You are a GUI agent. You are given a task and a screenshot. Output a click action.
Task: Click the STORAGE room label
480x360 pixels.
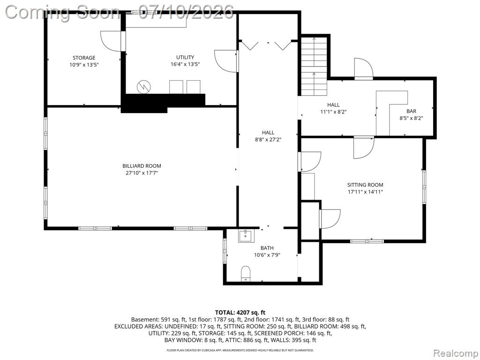coord(84,58)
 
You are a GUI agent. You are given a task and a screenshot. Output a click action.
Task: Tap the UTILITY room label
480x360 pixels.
coord(185,57)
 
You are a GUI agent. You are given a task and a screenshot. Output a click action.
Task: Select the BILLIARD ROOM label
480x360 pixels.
coord(142,166)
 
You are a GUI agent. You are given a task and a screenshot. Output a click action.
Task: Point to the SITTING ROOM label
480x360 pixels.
coord(365,185)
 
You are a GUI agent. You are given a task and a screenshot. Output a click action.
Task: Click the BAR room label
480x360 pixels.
coord(411,112)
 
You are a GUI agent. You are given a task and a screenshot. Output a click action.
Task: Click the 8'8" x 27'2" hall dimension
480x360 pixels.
coord(268,140)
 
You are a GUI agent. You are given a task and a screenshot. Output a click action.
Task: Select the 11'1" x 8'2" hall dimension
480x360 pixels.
coord(333,112)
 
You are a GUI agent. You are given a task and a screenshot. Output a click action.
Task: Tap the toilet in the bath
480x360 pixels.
coord(246,273)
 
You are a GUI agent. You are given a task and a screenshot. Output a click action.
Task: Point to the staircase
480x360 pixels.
coord(314,66)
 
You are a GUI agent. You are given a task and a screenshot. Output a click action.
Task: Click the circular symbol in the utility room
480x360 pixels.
coord(143,87)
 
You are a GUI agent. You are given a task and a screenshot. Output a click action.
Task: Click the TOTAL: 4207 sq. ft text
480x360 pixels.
coord(240,313)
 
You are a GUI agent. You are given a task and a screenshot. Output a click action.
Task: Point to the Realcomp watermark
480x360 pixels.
coord(455,353)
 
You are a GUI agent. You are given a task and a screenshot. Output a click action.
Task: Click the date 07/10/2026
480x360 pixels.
coord(186,13)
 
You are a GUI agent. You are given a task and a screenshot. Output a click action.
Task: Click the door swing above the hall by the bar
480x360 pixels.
coord(364,68)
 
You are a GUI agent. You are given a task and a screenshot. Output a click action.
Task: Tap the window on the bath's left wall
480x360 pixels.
coord(225,251)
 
